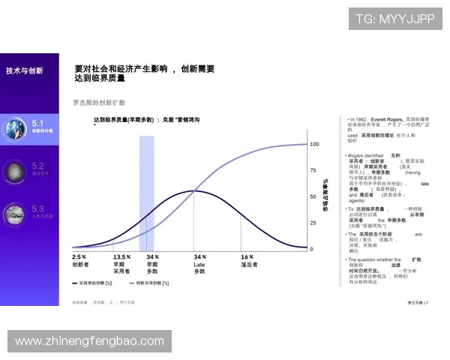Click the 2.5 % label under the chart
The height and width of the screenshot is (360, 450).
pyautogui.click(x=79, y=256)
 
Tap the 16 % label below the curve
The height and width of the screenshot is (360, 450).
pyautogui.click(x=247, y=256)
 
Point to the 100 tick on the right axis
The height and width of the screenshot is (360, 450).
pyautogui.click(x=314, y=143)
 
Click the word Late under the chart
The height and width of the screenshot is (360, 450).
pyautogui.click(x=199, y=264)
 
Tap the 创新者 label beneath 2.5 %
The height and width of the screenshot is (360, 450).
pyautogui.click(x=80, y=264)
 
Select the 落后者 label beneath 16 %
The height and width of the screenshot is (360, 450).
pyautogui.click(x=249, y=264)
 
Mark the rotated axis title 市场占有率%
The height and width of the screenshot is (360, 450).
pyautogui.click(x=325, y=196)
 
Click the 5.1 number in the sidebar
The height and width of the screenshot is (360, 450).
pyautogui.click(x=37, y=122)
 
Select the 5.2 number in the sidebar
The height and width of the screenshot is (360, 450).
pyautogui.click(x=37, y=165)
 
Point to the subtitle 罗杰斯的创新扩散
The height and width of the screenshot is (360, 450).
pyautogui.click(x=98, y=102)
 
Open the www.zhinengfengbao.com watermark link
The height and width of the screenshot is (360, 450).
pyautogui.click(x=89, y=341)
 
